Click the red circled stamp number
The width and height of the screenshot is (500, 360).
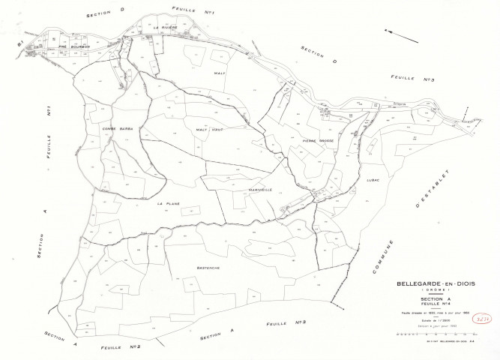tap(482, 317)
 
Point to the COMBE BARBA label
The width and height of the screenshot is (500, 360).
tap(115, 128)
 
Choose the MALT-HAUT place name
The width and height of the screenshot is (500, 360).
tap(211, 129)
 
